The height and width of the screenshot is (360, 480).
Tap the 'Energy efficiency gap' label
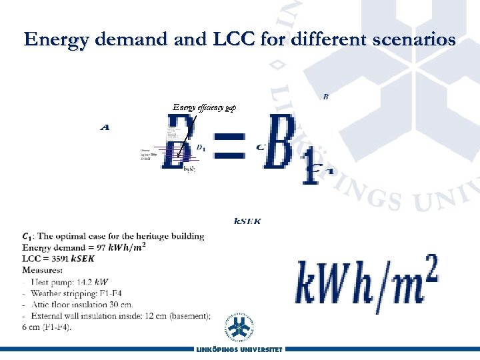204,107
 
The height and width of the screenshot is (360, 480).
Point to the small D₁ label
201,147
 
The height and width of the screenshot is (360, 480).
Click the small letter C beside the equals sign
261,146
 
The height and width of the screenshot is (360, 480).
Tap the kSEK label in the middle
247,221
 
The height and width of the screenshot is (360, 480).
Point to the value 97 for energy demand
93,248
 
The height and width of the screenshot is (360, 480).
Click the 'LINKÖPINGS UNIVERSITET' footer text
239,349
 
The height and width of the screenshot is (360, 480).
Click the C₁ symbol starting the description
27,236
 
